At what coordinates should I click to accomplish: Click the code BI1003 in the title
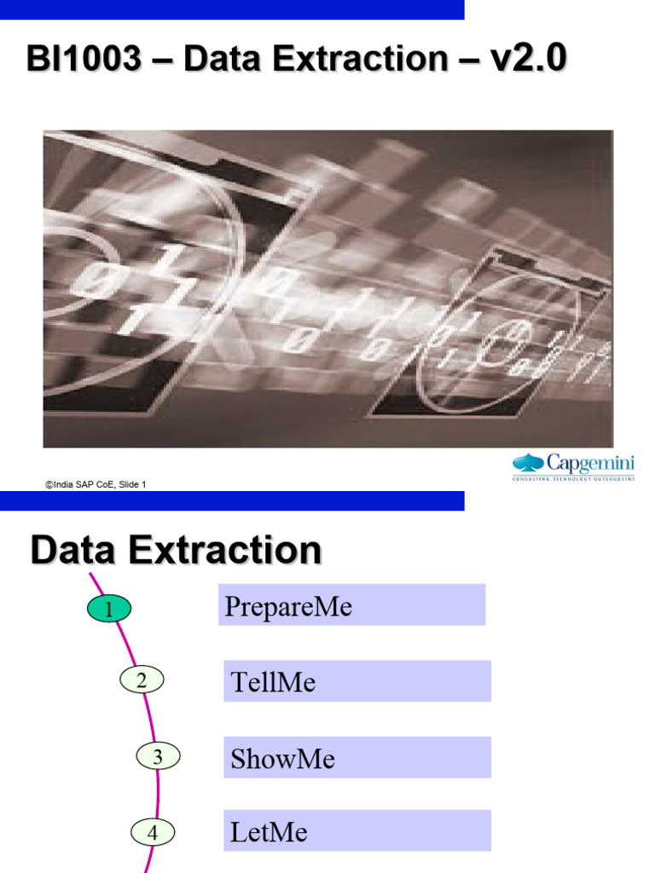click(84, 60)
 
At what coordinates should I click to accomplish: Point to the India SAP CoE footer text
click(96, 484)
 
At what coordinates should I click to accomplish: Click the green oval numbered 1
click(108, 609)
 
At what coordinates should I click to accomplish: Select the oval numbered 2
click(142, 679)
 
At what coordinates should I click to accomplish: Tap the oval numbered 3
click(158, 755)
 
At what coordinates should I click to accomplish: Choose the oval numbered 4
click(153, 832)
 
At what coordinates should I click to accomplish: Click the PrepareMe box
click(351, 605)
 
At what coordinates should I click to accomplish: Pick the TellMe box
click(356, 681)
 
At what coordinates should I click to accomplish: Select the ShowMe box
click(356, 757)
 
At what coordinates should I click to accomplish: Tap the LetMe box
click(356, 830)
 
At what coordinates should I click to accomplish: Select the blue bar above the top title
click(232, 9)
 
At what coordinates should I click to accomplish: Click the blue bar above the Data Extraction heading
click(232, 501)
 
